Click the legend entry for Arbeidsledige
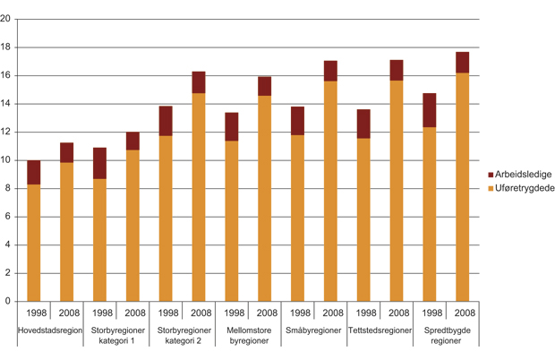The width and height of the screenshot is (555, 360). click(519, 175)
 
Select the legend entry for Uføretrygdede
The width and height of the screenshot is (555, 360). click(521, 188)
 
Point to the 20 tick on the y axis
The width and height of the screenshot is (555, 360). click(8, 19)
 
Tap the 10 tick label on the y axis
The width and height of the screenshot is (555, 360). click(8, 160)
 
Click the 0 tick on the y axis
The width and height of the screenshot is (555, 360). click(11, 301)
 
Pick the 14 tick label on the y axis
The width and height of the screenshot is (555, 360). click(8, 104)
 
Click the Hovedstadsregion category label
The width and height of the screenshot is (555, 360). click(50, 330)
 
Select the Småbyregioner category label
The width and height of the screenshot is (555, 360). click(313, 330)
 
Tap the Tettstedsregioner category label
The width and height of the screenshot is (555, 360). click(380, 330)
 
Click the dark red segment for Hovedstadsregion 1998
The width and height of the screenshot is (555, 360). click(34, 172)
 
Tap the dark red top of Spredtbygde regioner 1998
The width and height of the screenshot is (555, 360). click(429, 110)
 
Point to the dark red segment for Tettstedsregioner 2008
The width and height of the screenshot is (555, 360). click(396, 70)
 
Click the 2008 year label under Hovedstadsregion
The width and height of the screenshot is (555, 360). click(67, 313)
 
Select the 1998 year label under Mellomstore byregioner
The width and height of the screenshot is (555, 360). click(232, 313)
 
